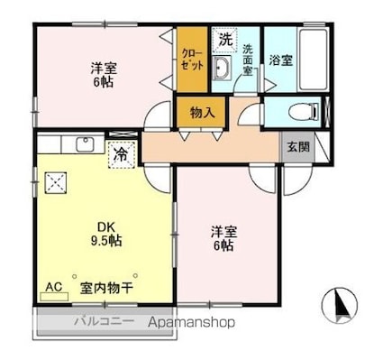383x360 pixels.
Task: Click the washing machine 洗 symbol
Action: click(224, 40)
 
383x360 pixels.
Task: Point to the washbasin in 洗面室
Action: click(224, 73)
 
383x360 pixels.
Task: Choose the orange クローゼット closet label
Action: click(191, 60)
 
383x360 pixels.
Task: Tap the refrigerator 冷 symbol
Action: click(120, 154)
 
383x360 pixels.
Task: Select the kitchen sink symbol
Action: click(88, 144)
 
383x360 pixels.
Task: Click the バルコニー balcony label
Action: click(104, 321)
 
